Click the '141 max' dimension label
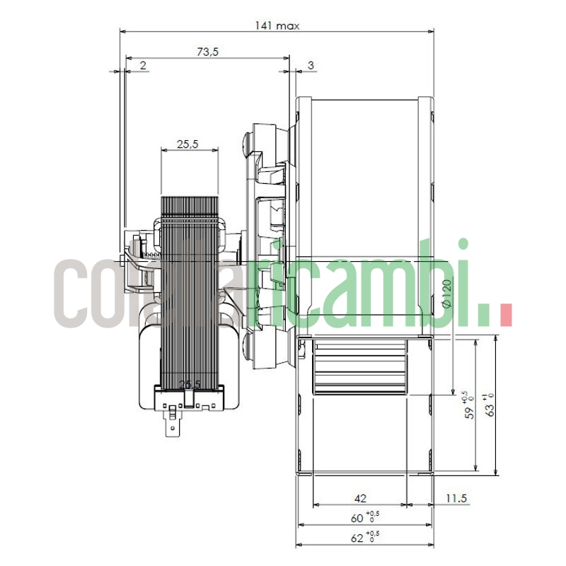277,25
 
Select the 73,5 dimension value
207,52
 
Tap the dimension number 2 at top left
143,65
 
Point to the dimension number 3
311,65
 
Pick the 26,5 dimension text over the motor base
190,384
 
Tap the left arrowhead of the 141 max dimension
122,31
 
